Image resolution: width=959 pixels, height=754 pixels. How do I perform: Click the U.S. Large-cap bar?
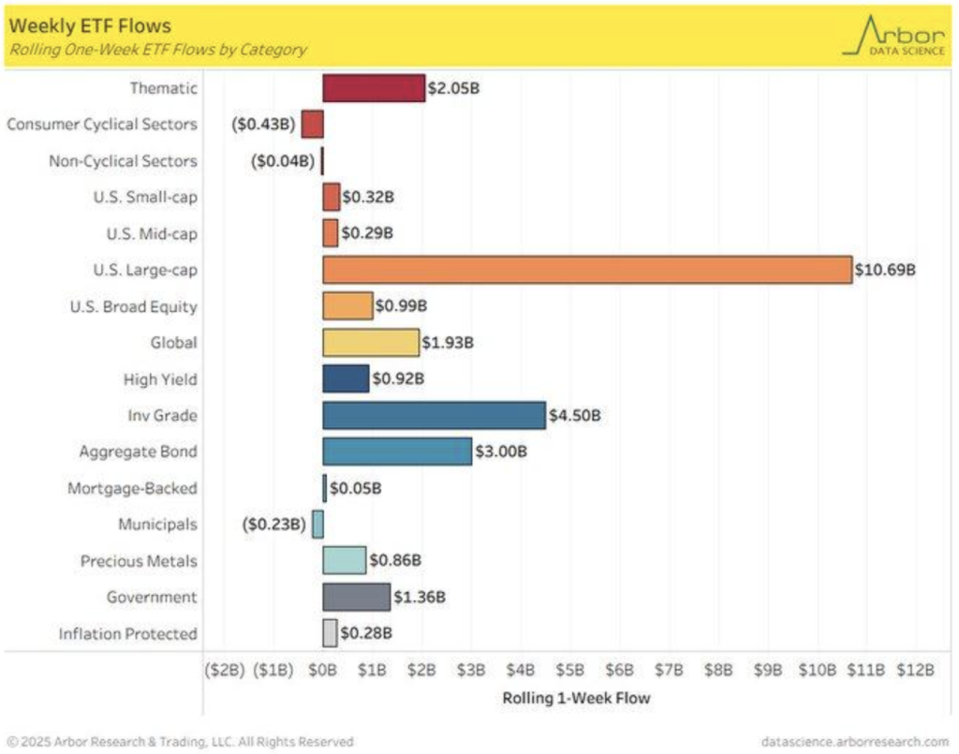pyautogui.click(x=587, y=270)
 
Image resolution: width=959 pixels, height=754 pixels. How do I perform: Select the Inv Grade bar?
pyautogui.click(x=434, y=415)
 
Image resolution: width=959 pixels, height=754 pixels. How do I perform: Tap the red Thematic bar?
pyautogui.click(x=374, y=88)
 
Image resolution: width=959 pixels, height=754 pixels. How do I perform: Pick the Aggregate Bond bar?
pyautogui.click(x=397, y=451)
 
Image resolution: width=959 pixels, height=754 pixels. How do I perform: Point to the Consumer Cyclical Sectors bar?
pyautogui.click(x=312, y=125)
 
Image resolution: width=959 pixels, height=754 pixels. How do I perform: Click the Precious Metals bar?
pyautogui.click(x=345, y=560)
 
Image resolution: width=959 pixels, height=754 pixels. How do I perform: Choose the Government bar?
pyautogui.click(x=357, y=597)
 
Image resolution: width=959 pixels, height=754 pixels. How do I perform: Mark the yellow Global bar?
pyautogui.click(x=371, y=343)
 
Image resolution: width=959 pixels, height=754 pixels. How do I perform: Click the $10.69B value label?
pyautogui.click(x=885, y=270)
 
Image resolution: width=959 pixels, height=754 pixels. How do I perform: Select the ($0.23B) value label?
pyautogui.click(x=274, y=525)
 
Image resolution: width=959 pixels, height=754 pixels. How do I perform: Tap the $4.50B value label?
pyautogui.click(x=574, y=415)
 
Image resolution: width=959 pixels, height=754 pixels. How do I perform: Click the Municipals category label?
pyautogui.click(x=157, y=525)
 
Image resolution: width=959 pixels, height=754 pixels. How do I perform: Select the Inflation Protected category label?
pyautogui.click(x=127, y=634)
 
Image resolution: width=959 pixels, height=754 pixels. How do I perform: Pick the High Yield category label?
pyautogui.click(x=160, y=379)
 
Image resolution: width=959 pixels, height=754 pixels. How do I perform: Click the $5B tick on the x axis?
pyautogui.click(x=570, y=671)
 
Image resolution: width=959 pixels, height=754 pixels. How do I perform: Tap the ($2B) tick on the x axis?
pyautogui.click(x=225, y=671)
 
